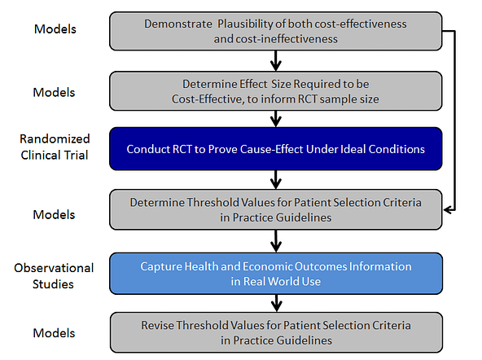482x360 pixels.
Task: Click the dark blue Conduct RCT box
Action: pyautogui.click(x=276, y=149)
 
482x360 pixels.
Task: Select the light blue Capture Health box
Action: pyautogui.click(x=276, y=274)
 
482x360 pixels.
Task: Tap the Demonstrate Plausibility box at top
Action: pyautogui.click(x=276, y=31)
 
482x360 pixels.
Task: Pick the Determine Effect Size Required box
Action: pyautogui.click(x=276, y=91)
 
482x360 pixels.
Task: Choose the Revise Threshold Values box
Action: pyautogui.click(x=276, y=332)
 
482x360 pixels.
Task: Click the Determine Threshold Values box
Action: pyautogui.click(x=276, y=209)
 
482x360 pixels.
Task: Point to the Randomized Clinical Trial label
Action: pyautogui.click(x=55, y=147)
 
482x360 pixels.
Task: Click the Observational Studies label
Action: pyautogui.click(x=54, y=276)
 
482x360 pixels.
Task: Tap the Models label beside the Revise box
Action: pyautogui.click(x=54, y=333)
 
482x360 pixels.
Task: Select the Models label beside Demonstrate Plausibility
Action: pyautogui.click(x=55, y=29)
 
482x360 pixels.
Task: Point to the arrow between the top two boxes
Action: pyautogui.click(x=276, y=61)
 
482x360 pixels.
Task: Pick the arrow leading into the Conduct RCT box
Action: pyautogui.click(x=276, y=119)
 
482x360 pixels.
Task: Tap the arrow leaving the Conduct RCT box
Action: pyautogui.click(x=276, y=180)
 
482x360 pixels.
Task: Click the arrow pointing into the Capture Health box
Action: pyautogui.click(x=276, y=241)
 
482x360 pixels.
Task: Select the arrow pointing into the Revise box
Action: pyautogui.click(x=276, y=304)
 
